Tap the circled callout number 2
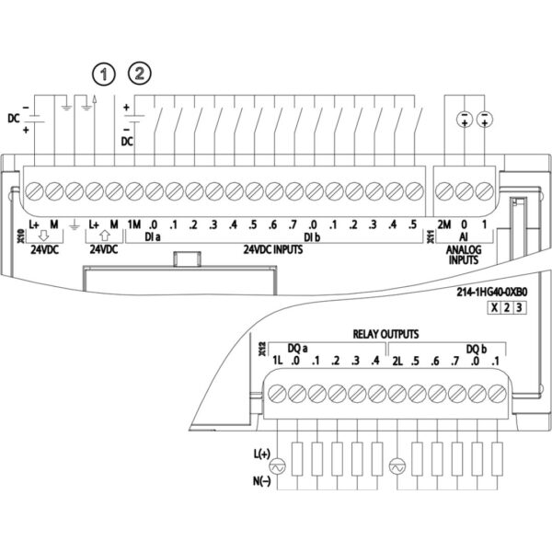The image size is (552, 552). (x=141, y=73)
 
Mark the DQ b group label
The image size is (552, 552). (x=477, y=348)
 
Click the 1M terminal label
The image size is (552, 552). (x=133, y=224)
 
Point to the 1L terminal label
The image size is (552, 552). (x=276, y=360)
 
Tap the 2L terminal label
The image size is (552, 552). (x=399, y=360)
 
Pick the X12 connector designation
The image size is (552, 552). (x=261, y=349)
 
